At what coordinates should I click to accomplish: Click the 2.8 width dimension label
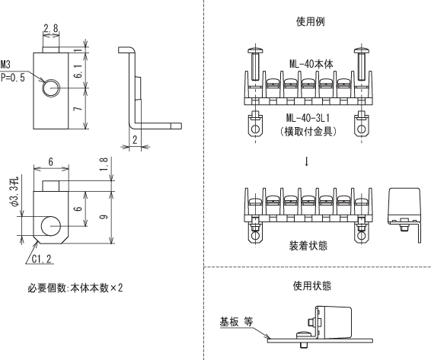[51, 28]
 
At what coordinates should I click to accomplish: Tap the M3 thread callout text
[5, 65]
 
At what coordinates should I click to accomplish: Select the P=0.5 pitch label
[13, 78]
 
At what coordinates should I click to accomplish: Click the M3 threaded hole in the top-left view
[51, 88]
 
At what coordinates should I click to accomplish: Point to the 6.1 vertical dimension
[78, 71]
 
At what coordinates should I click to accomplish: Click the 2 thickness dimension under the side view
[135, 140]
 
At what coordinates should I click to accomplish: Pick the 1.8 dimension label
[104, 164]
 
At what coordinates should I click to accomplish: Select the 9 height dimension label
[104, 217]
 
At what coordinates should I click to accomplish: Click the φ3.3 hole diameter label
[14, 192]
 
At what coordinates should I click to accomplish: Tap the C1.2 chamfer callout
[42, 259]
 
